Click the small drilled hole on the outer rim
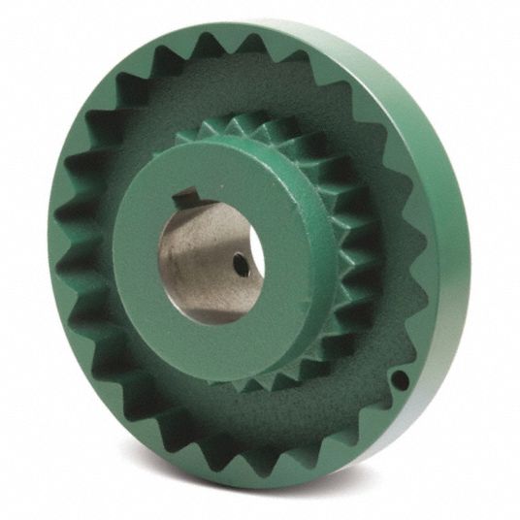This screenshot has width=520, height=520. point(400,380)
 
